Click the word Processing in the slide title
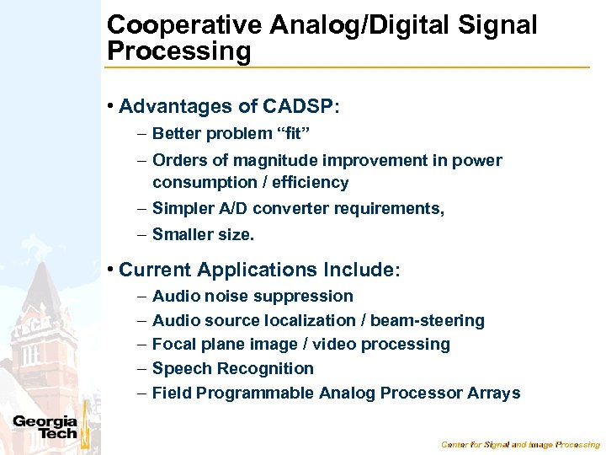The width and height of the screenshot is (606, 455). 178,51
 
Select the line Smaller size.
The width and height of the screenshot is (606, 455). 203,235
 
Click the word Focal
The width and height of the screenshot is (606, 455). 173,344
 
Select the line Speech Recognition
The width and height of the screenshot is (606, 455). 232,368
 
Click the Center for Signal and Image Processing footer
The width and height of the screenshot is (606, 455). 520,444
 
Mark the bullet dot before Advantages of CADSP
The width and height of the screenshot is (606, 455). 111,107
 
